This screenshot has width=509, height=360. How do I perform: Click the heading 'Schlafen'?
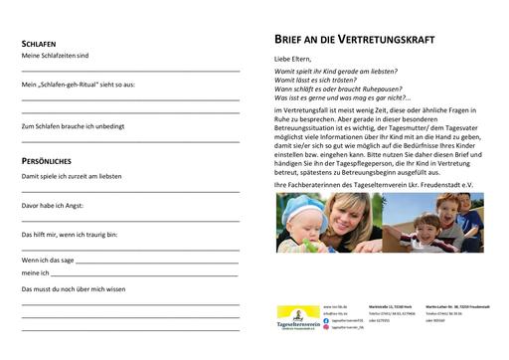(39, 45)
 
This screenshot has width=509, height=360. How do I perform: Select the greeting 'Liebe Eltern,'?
(293, 60)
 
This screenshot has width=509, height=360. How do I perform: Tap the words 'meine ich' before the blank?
(36, 270)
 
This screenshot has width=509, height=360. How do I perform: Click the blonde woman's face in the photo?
(344, 218)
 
